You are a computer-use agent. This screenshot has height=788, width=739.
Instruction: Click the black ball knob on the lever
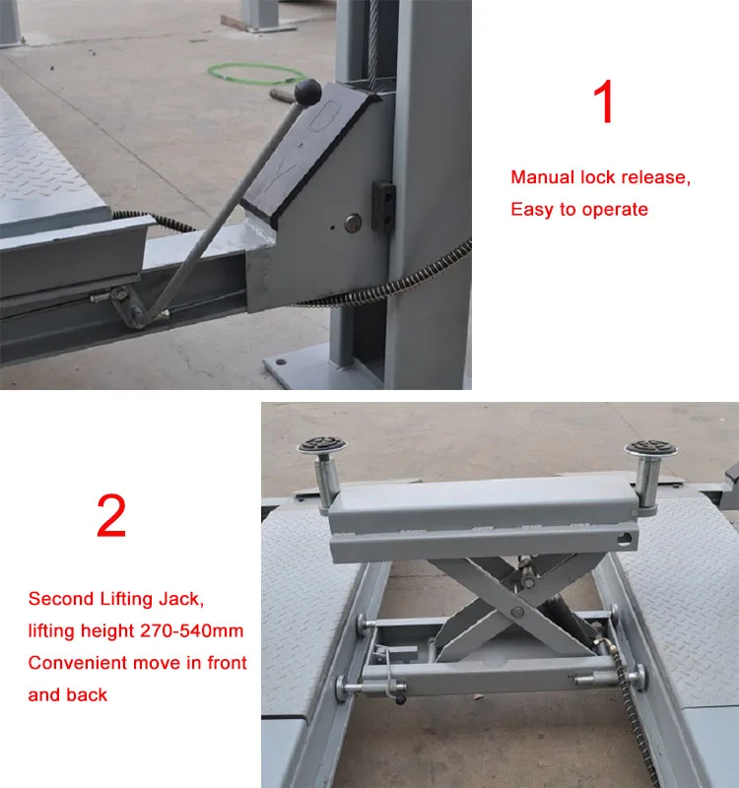[x=307, y=92]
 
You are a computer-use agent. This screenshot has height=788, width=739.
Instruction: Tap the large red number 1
[x=604, y=101]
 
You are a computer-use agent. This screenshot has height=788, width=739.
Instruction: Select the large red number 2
[x=111, y=515]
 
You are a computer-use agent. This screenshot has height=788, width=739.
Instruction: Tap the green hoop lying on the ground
[x=256, y=73]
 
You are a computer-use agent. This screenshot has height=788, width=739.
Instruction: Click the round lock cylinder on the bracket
[x=353, y=223]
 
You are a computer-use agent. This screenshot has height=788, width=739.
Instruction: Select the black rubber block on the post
[x=383, y=206]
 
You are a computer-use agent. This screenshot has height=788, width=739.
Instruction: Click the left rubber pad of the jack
[x=322, y=445]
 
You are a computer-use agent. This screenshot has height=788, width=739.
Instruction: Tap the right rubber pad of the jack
[x=651, y=448]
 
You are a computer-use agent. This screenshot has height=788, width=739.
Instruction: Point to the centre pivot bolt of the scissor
[x=518, y=612]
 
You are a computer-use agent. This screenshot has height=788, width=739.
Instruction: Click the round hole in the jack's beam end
[x=625, y=539]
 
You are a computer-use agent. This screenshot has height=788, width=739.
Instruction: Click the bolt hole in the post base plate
[x=281, y=361]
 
